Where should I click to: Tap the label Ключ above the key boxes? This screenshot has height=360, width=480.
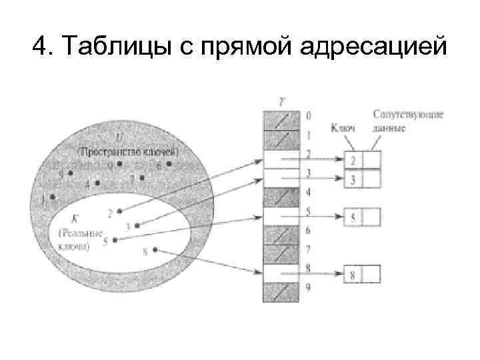coord(343,128)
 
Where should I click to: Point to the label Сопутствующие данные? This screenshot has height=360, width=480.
coord(399,121)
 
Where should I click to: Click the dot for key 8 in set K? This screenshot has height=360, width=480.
coord(155,250)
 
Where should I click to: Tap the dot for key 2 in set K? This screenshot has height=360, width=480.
coord(119,211)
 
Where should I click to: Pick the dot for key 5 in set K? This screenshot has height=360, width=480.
coord(115,240)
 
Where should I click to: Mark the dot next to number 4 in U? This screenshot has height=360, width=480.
coord(97,183)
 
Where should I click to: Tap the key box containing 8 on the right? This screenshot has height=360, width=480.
coord(353,274)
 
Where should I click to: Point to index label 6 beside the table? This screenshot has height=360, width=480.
coord(307,231)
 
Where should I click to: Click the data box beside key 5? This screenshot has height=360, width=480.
coord(371,217)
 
